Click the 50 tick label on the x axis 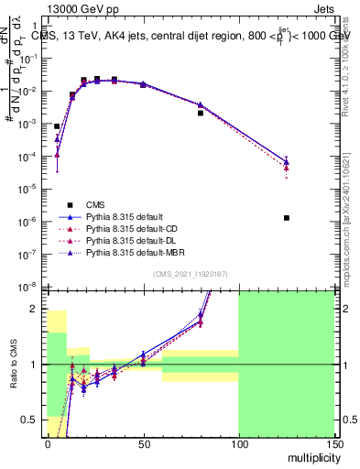pos(142,443)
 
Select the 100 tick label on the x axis pos(238,443)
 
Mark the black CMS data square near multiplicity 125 pos(287,218)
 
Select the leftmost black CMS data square pos(57,126)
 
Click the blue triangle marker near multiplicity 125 pos(287,162)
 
